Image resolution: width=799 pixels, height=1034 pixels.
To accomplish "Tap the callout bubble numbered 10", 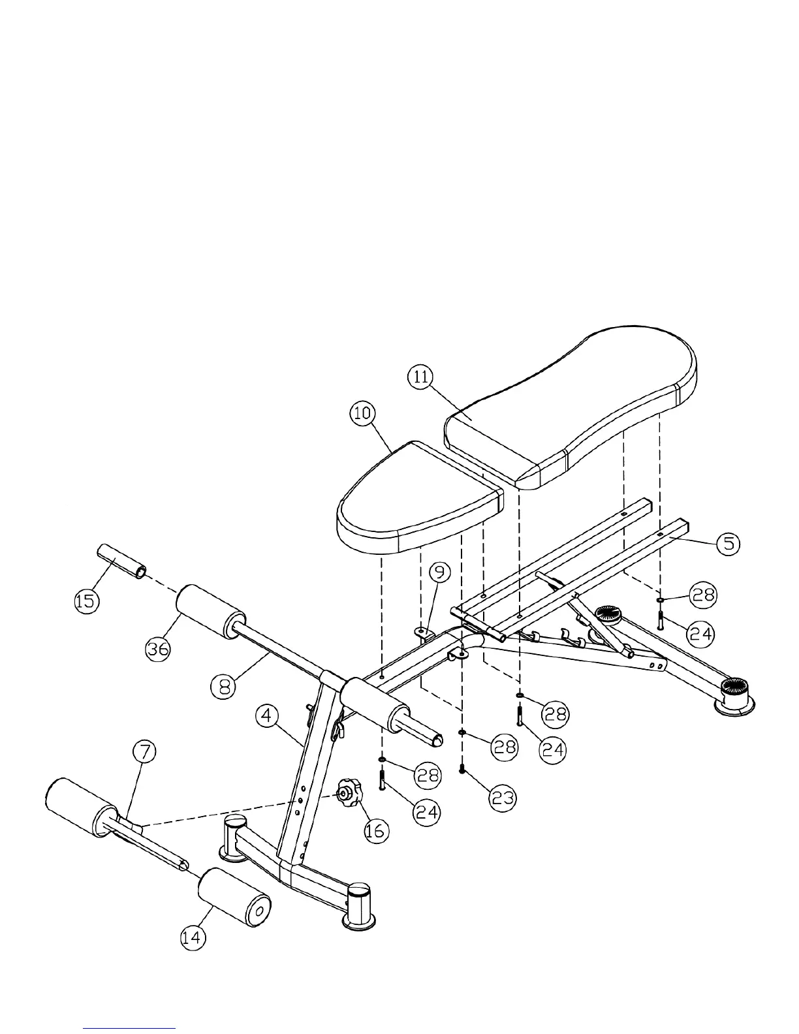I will [363, 413].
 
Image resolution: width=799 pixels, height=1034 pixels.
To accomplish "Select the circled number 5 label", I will [728, 543].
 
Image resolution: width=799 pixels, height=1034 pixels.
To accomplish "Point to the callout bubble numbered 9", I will [441, 572].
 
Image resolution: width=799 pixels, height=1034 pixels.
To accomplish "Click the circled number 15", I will [86, 601].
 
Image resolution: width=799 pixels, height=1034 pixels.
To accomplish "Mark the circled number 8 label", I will [224, 685].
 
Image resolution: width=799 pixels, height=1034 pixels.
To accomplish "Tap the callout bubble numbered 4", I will [266, 716].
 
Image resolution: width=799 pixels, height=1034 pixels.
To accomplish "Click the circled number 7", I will [145, 752].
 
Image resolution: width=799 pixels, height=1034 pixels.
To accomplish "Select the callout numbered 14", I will [193, 937].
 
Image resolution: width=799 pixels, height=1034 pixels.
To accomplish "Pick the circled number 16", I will [376, 830].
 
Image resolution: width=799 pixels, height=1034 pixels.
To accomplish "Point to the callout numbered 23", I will [503, 797].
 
